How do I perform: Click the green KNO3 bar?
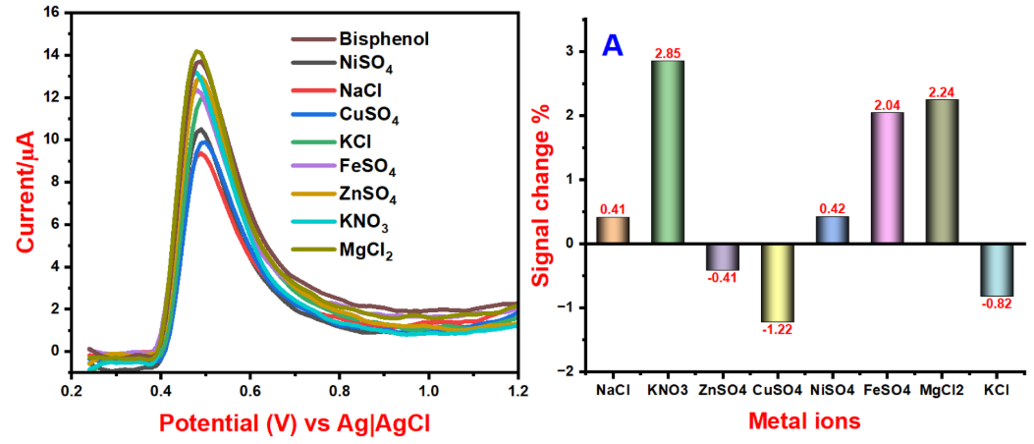[x=669, y=151]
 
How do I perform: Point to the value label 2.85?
[x=669, y=52]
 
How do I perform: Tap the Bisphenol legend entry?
[x=384, y=39]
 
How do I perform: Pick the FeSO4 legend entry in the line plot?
[x=370, y=165]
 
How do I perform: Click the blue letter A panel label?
[x=612, y=46]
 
